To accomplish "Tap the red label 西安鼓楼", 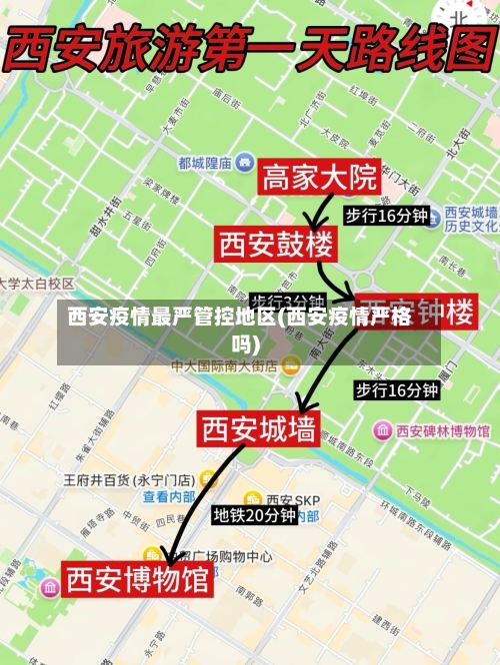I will pyautogui.click(x=277, y=243).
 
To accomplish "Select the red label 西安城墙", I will pyautogui.click(x=260, y=429).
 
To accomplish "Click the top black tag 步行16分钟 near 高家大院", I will pyautogui.click(x=386, y=216).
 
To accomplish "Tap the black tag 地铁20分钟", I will pyautogui.click(x=254, y=515).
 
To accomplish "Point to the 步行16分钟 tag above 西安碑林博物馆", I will pyautogui.click(x=396, y=389).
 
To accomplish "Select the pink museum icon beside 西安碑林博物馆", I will pyautogui.click(x=382, y=431).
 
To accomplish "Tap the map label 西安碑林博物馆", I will pyautogui.click(x=442, y=431).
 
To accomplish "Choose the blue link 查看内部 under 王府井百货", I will pyautogui.click(x=168, y=496).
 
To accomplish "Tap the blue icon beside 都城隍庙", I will pyautogui.click(x=244, y=162).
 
